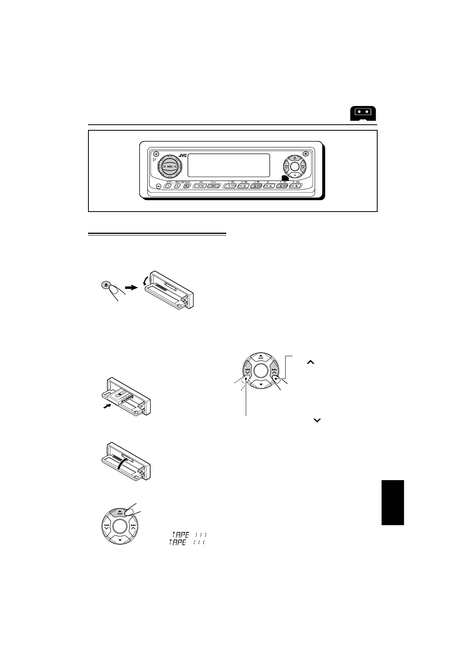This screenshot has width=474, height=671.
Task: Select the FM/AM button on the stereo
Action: point(200,186)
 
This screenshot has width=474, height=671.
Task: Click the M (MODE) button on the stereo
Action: point(185,186)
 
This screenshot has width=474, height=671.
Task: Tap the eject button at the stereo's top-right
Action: point(305,154)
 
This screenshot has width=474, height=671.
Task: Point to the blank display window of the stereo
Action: point(228,165)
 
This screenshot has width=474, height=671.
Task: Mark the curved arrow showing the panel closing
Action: point(124,464)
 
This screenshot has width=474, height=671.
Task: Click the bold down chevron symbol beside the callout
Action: point(317,420)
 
